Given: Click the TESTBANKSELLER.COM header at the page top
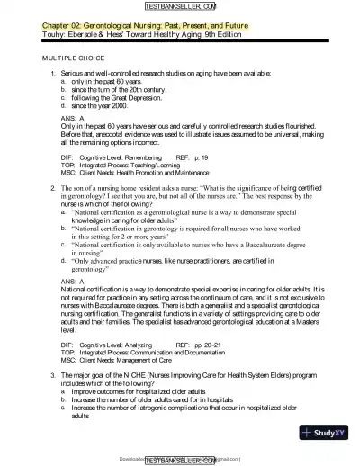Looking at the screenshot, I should click(x=180, y=7).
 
